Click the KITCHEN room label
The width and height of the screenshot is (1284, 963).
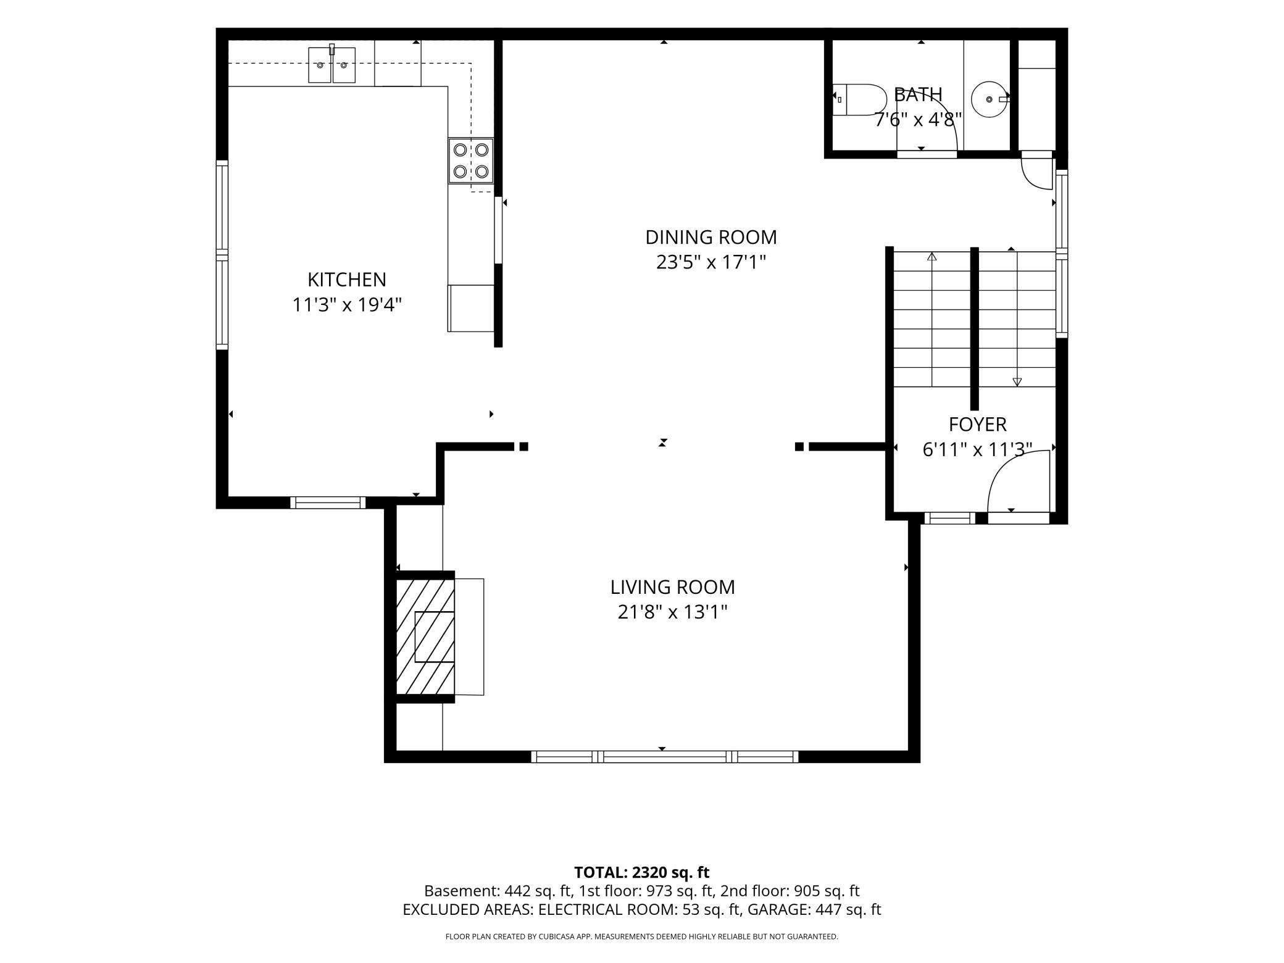347,280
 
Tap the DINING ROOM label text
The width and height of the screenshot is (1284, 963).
711,237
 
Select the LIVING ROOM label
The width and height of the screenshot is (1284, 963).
673,586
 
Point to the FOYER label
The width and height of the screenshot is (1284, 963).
978,424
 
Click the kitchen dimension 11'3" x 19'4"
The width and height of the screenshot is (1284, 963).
347,304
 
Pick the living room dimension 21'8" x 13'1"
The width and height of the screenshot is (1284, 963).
673,612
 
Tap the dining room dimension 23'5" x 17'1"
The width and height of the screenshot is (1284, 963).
711,262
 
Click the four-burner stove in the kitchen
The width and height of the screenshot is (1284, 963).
471,160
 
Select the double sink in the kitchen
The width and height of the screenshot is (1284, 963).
332,65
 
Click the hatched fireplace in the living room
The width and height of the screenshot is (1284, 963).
425,636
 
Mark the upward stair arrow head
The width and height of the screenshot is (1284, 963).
932,256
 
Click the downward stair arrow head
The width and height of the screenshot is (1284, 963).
1017,382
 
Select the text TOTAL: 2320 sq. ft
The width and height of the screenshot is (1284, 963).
642,872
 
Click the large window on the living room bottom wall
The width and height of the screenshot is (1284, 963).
665,756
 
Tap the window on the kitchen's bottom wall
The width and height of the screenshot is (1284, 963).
328,502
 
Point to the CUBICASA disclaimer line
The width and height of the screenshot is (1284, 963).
642,936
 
